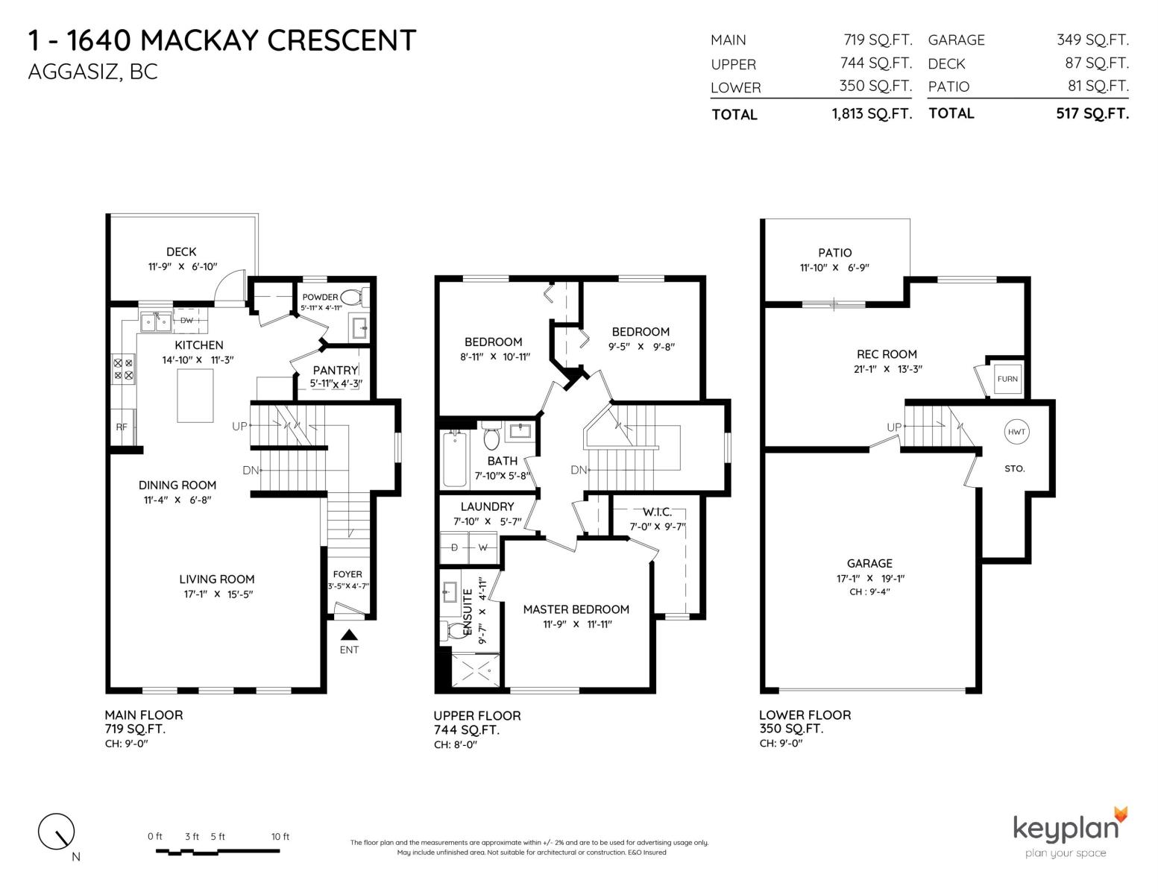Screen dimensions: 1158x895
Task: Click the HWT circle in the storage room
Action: (x=1016, y=432)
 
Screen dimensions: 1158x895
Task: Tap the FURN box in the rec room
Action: (x=1007, y=379)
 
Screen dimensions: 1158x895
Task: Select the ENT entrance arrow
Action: (x=349, y=635)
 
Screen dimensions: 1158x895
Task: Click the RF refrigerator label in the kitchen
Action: (x=122, y=427)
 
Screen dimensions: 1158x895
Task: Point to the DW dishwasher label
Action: (x=186, y=321)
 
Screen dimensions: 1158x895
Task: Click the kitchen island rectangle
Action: (x=195, y=395)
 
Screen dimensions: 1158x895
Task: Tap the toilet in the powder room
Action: (x=353, y=297)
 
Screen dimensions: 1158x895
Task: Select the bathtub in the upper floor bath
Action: (x=455, y=459)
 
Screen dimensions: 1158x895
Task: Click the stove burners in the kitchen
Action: (x=124, y=369)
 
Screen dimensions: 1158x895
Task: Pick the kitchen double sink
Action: (x=156, y=321)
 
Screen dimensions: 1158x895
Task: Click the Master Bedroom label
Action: (x=576, y=609)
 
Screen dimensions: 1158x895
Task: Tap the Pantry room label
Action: (x=336, y=370)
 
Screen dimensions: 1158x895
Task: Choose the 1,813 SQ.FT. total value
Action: (x=872, y=113)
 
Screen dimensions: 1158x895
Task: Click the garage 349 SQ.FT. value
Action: (x=1093, y=40)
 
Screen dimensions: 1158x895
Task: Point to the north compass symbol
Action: (x=56, y=832)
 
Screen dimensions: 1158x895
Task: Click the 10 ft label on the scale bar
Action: (x=280, y=836)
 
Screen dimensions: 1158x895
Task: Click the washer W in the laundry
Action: (x=483, y=547)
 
